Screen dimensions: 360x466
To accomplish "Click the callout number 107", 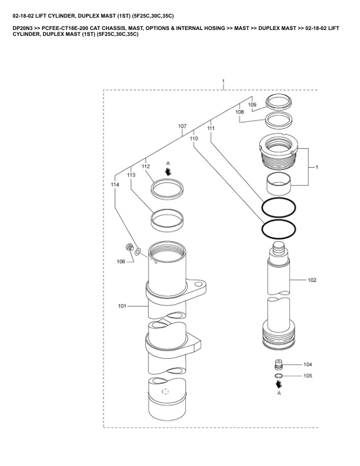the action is tap(182, 126).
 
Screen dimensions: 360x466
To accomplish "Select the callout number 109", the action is tap(252, 105).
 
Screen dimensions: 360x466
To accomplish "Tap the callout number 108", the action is tap(239, 112).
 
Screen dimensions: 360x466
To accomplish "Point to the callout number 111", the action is tap(211, 128).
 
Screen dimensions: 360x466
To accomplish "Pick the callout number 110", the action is tap(194, 138).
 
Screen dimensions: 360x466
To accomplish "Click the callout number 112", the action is tap(145, 167).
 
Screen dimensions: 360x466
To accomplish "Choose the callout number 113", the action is tap(131, 175).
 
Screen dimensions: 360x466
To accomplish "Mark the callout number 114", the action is tap(115, 185).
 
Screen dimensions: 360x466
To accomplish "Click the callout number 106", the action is tap(121, 261).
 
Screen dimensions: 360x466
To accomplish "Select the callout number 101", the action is tap(122, 306).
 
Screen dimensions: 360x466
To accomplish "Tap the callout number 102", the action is tap(312, 280).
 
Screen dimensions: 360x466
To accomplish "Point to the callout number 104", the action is tap(308, 364).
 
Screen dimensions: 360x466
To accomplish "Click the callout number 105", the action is tap(308, 375).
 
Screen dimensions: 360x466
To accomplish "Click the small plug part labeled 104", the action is tap(278, 364).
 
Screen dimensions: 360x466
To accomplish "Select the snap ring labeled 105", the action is tap(278, 376).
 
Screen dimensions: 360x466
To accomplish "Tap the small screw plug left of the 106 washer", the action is tap(129, 247).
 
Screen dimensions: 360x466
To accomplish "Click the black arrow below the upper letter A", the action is tap(168, 171).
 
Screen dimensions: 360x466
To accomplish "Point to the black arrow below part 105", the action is tap(279, 384).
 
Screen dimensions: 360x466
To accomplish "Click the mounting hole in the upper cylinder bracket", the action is tap(198, 284).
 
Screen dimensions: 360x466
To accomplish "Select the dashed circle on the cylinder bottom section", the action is tap(165, 391).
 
